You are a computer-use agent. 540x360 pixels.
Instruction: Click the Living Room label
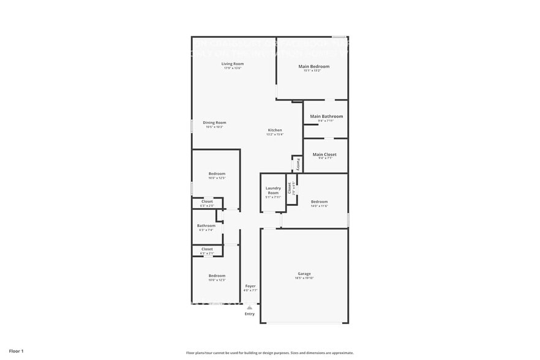232,64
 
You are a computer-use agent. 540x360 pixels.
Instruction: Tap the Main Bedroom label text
313,66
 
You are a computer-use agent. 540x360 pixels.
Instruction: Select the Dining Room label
214,122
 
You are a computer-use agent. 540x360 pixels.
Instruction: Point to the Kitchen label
275,130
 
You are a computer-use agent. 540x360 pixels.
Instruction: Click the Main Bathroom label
326,116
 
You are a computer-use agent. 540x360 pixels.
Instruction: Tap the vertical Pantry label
298,164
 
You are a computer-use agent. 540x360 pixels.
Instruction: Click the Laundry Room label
273,190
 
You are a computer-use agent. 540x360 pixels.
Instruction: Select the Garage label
304,274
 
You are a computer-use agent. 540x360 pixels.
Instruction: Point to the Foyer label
250,286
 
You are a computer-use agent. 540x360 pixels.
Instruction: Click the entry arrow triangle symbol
249,308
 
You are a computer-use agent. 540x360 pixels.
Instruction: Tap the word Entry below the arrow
249,314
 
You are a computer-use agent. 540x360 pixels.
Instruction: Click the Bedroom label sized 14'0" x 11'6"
319,201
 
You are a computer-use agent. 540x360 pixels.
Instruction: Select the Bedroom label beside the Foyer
217,276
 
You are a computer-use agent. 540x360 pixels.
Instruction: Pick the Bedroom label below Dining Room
217,174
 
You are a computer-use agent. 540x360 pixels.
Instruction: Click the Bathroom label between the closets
206,225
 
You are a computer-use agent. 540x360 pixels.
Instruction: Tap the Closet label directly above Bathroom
207,201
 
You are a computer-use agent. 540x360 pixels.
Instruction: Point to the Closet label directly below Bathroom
207,249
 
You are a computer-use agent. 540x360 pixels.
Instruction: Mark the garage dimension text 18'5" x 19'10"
304,279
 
